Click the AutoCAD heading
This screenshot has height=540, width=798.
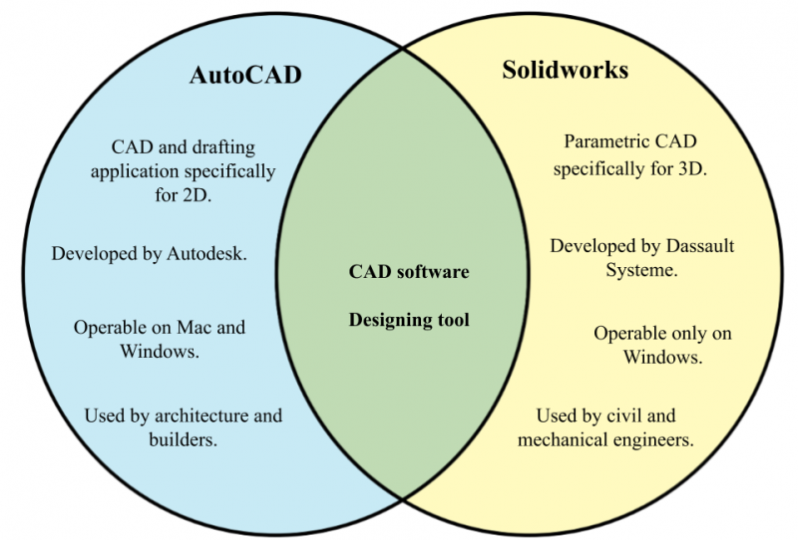[245, 75]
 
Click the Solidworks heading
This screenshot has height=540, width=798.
[566, 70]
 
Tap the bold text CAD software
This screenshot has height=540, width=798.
[409, 272]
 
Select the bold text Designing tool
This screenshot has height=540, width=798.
[409, 321]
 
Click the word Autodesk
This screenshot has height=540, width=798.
[206, 253]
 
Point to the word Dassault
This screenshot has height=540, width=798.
[700, 246]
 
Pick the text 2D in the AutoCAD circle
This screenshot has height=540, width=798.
[194, 195]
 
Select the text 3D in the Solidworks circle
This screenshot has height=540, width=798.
[692, 168]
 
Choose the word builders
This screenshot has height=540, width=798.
[184, 439]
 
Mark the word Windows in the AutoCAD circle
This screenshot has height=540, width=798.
[160, 352]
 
